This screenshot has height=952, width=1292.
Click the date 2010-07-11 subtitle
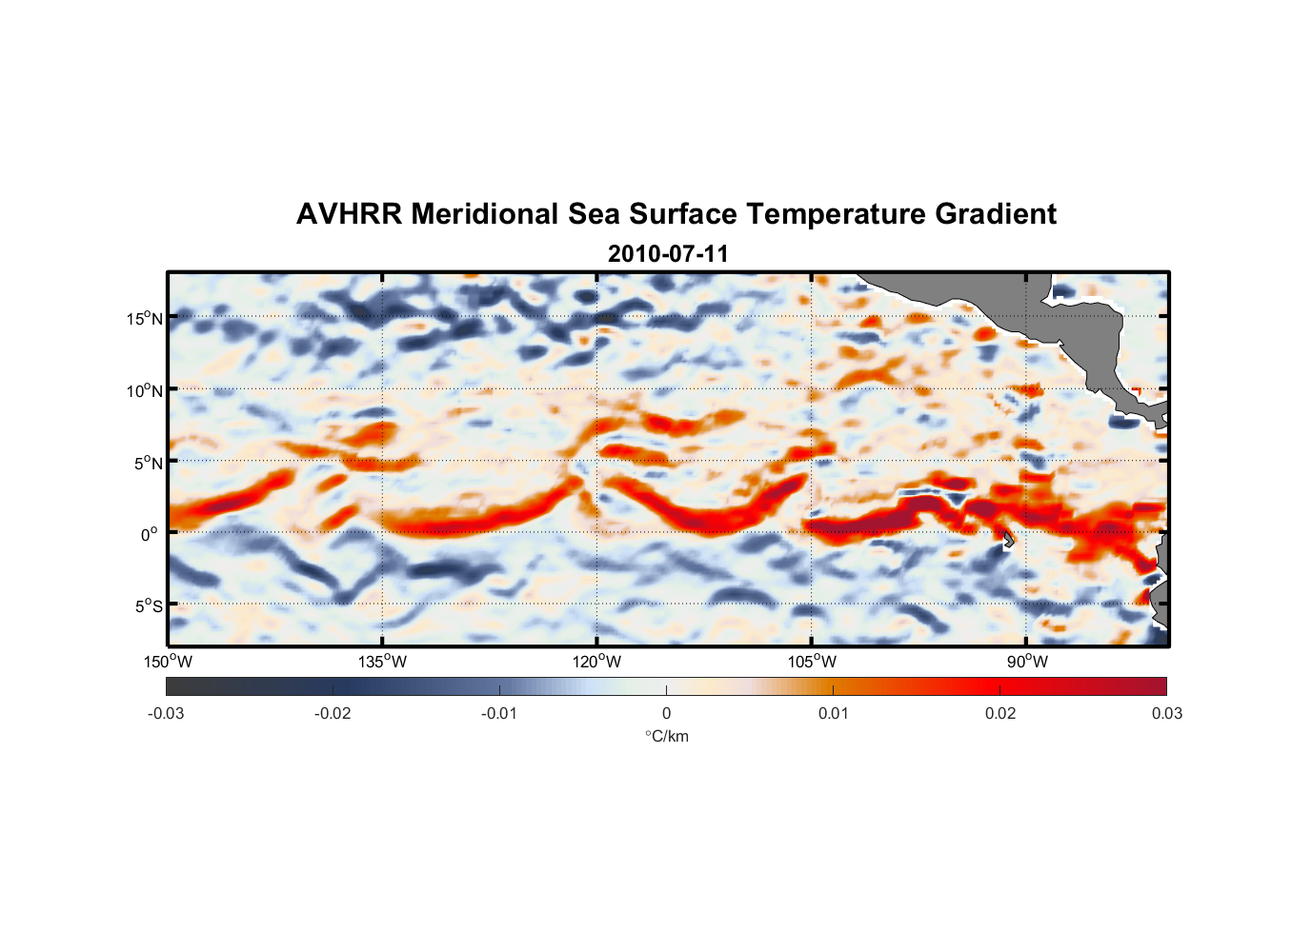[668, 254]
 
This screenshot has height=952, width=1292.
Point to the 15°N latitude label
[145, 318]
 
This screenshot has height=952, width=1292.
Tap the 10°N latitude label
[145, 390]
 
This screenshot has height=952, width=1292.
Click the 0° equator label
[150, 534]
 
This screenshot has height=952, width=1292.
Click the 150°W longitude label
[168, 663]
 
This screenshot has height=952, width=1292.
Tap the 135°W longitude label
[382, 663]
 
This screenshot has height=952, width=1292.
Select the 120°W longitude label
[596, 663]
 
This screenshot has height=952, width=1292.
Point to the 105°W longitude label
[812, 663]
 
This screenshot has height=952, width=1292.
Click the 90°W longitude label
[1027, 663]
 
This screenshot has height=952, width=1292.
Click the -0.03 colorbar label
[166, 714]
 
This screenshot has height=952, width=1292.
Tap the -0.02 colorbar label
[333, 714]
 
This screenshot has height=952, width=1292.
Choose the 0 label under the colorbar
[666, 714]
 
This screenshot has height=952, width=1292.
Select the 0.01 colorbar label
[833, 714]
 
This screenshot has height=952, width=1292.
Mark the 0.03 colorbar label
[1166, 714]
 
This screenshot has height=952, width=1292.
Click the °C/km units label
[666, 737]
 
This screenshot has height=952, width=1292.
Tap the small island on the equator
[1007, 539]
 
